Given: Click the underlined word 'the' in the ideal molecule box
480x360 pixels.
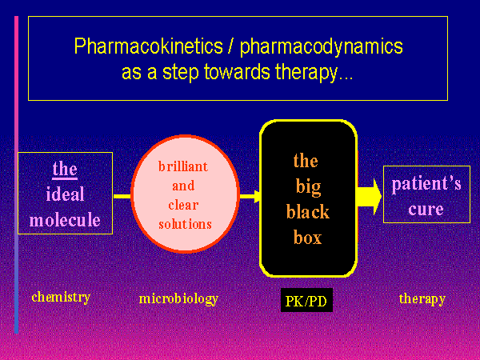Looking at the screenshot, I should tap(65, 169).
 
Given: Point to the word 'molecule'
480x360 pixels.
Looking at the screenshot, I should tap(65, 220).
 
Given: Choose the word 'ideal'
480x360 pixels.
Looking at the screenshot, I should tap(65, 194).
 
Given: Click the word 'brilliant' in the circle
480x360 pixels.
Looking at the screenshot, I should tap(184, 166).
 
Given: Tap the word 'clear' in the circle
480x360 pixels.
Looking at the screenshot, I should tap(184, 205).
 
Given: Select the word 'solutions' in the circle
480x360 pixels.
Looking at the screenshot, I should tap(184, 224).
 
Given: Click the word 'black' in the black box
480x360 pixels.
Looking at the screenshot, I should tap(307, 214).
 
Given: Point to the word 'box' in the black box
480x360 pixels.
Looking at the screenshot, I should tap(307, 238).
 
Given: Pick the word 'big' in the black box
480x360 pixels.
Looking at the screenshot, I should tap(307, 187).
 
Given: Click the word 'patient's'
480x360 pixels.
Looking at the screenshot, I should tap(426, 184).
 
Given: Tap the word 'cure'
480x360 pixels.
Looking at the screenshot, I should tap(426, 210).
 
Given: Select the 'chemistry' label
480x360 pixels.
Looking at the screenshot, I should tap(61, 298).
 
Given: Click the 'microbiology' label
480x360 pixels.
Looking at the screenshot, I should tap(178, 299).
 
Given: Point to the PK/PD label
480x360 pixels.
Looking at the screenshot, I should tap(307, 302).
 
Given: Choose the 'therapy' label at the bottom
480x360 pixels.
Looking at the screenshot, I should tap(422, 299).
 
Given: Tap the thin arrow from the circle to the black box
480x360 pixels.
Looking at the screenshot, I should tap(249, 195).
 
